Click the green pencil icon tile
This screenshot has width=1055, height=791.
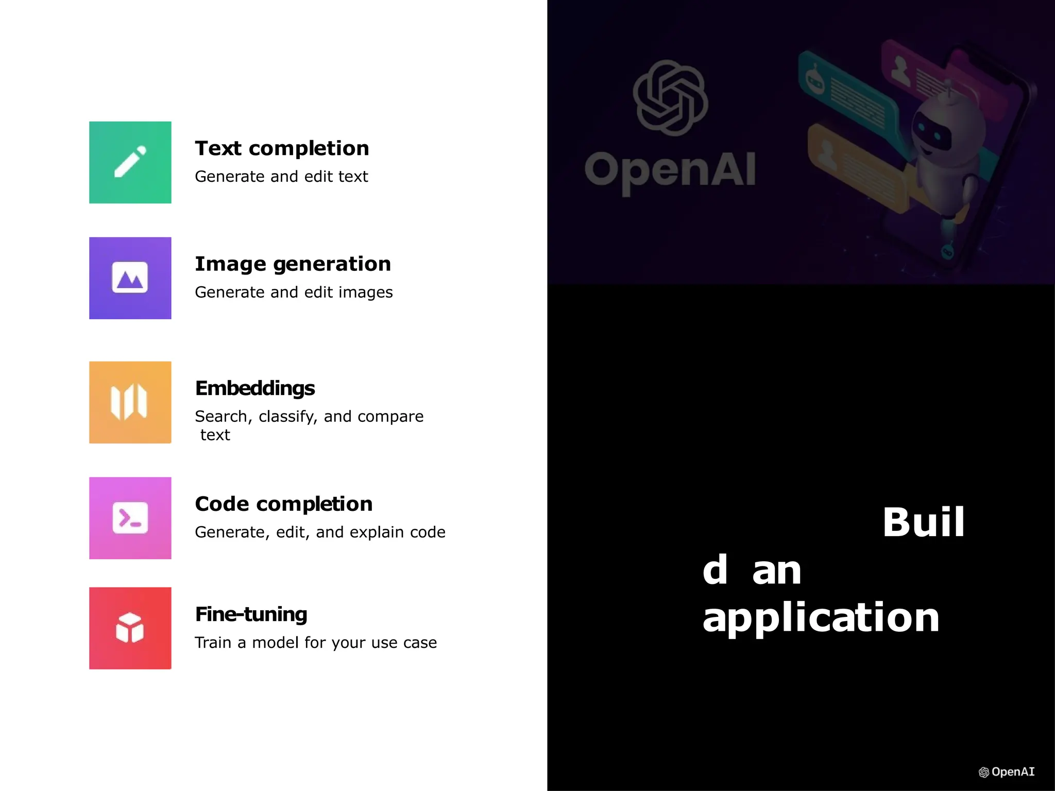pyautogui.click(x=130, y=162)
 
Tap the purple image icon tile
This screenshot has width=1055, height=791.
pyautogui.click(x=130, y=278)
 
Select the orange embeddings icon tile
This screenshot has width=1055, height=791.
pyautogui.click(x=130, y=402)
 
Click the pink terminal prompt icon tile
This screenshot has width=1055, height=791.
pyautogui.click(x=130, y=518)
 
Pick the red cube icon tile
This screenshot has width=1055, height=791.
pyautogui.click(x=130, y=628)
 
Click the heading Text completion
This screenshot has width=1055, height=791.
pyautogui.click(x=282, y=148)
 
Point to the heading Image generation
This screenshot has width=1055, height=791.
pyautogui.click(x=293, y=264)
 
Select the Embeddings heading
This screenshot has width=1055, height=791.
pyautogui.click(x=254, y=388)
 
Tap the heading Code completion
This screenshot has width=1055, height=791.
pyautogui.click(x=283, y=504)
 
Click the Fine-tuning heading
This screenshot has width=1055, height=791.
pyautogui.click(x=251, y=614)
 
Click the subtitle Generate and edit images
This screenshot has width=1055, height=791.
pyautogui.click(x=294, y=292)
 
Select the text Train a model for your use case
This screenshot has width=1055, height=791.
pyautogui.click(x=315, y=643)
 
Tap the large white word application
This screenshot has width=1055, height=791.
pyautogui.click(x=821, y=618)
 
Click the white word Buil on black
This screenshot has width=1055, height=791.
pyautogui.click(x=923, y=522)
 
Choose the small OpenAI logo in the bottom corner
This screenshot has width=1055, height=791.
pyautogui.click(x=1006, y=772)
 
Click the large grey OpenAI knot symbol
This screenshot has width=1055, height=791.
pyautogui.click(x=670, y=98)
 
